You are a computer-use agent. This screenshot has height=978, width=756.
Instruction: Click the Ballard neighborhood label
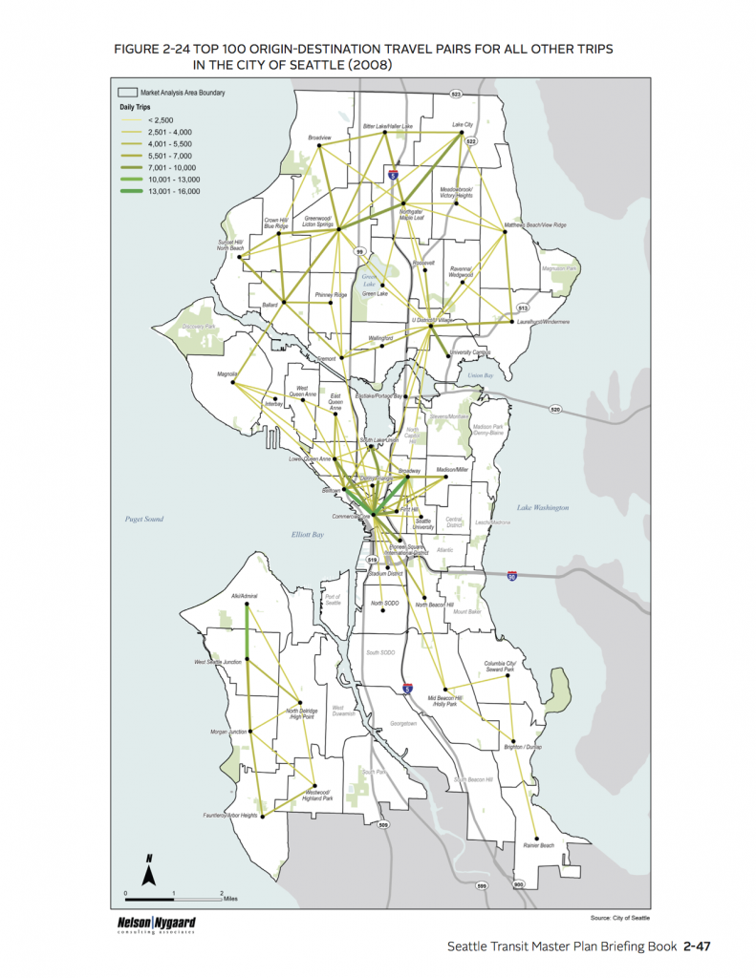pyautogui.click(x=269, y=306)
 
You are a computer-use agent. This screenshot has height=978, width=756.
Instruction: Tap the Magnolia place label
pyautogui.click(x=227, y=374)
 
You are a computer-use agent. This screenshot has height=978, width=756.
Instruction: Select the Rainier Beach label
pyautogui.click(x=539, y=845)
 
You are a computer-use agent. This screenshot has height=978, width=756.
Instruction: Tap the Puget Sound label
pyautogui.click(x=144, y=520)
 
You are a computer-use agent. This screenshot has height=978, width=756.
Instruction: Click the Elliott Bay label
pyautogui.click(x=310, y=535)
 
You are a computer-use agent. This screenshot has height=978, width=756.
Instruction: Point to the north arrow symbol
pyautogui.click(x=149, y=870)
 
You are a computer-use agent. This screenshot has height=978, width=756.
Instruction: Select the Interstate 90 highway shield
pyautogui.click(x=513, y=577)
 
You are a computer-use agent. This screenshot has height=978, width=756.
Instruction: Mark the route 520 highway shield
pyautogui.click(x=556, y=409)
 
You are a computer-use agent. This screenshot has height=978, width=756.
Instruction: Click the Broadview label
pyautogui.click(x=319, y=138)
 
